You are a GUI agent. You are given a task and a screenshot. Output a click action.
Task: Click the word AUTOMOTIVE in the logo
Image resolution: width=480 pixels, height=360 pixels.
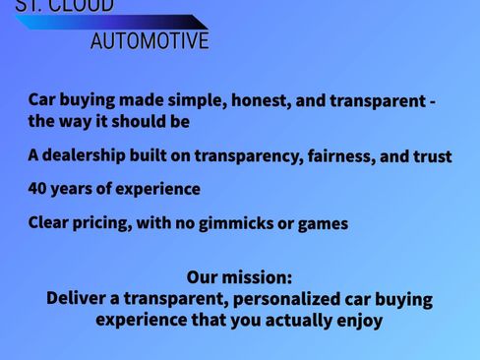[x=150, y=41]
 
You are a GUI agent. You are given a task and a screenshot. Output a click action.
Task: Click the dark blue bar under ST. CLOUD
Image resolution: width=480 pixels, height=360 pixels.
[x=108, y=22]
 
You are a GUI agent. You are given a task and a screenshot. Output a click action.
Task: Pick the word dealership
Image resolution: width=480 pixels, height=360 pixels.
[x=87, y=155]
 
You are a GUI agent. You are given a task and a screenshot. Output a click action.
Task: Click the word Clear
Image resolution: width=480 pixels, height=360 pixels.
[x=49, y=222]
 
